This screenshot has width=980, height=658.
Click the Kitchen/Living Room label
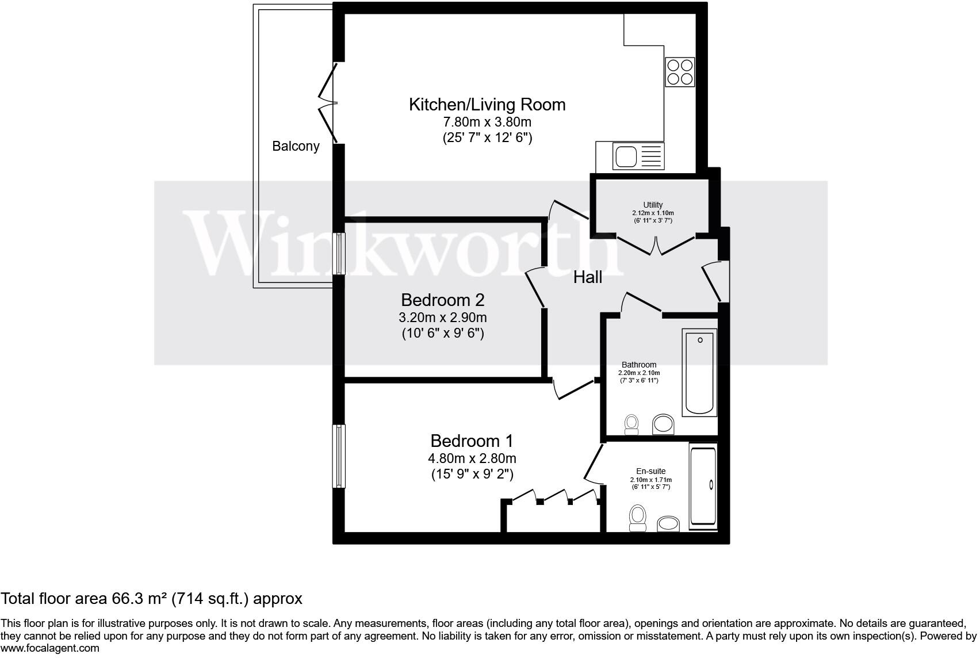pyautogui.click(x=487, y=105)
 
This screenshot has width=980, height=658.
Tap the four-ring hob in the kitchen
pyautogui.click(x=680, y=72)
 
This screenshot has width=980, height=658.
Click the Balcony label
pyautogui.click(x=296, y=146)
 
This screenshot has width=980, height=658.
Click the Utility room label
pyautogui.click(x=652, y=205)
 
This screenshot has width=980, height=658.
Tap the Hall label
pyautogui.click(x=587, y=277)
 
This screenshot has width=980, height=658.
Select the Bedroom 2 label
pyautogui.click(x=442, y=300)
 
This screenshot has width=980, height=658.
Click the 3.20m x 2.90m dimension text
pyautogui.click(x=442, y=317)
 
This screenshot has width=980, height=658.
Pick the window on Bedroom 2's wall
pyautogui.click(x=340, y=254)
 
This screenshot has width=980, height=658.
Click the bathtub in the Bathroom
pyautogui.click(x=699, y=372)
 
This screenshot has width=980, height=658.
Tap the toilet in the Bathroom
pyautogui.click(x=631, y=424)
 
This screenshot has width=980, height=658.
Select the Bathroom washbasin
pyautogui.click(x=663, y=424)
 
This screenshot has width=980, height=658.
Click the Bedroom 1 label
pyautogui.click(x=472, y=441)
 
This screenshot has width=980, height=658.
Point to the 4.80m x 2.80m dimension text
pyautogui.click(x=472, y=458)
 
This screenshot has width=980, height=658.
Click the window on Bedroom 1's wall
pyautogui.click(x=340, y=456)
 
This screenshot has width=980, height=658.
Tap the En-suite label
pyautogui.click(x=650, y=471)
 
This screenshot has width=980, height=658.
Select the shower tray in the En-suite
pyautogui.click(x=703, y=486)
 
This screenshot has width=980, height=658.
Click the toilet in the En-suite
pyautogui.click(x=637, y=517)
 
